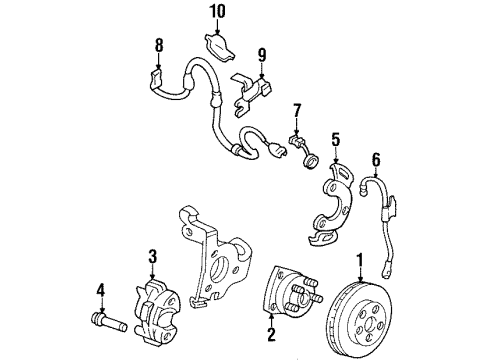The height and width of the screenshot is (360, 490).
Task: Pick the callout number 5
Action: point(337,140)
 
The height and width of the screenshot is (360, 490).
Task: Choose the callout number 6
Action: point(376,157)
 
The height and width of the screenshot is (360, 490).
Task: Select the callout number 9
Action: point(262,55)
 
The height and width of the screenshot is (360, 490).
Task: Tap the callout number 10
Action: point(218,12)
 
